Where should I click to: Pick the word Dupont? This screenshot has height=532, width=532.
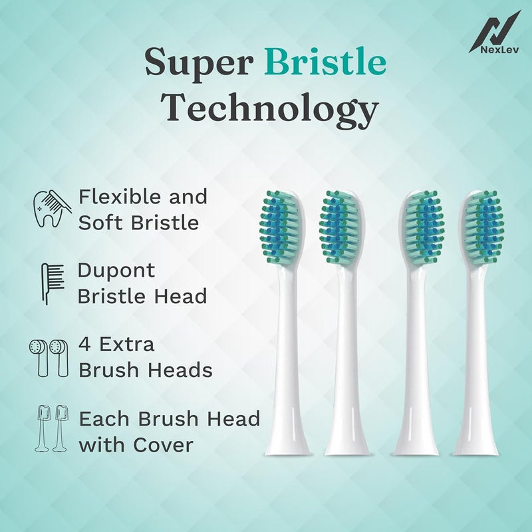[116, 271]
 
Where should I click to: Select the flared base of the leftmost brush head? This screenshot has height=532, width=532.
[288, 442]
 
